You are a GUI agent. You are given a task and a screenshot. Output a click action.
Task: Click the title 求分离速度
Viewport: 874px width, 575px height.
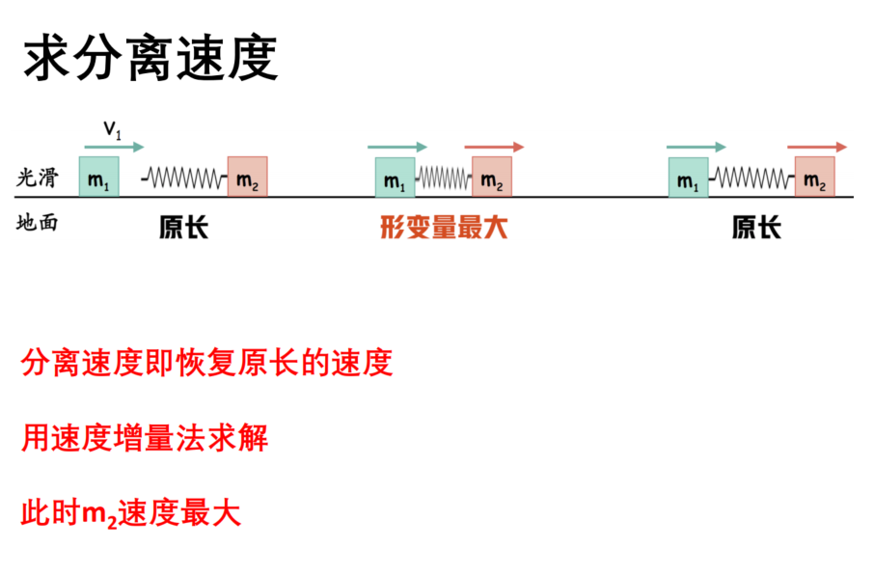150,58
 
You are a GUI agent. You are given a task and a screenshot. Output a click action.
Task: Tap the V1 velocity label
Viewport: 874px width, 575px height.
112,130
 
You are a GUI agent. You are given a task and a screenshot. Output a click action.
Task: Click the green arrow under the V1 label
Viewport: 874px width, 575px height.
114,148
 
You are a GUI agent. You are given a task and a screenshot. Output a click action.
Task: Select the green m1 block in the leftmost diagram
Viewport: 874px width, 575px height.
98,177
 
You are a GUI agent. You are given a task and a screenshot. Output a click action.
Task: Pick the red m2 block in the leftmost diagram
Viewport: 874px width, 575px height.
248,177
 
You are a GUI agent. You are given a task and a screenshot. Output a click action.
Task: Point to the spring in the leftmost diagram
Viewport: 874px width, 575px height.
184,178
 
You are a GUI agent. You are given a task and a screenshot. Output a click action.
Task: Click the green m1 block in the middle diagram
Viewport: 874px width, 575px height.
396,178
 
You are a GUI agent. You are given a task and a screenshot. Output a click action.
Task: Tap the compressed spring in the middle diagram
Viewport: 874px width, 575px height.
444,178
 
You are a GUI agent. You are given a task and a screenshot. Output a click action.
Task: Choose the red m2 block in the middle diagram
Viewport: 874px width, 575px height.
492,177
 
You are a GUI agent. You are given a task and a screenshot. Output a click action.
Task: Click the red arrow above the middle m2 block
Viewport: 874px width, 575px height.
495,148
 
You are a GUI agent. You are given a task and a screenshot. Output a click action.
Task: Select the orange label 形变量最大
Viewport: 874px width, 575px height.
444,228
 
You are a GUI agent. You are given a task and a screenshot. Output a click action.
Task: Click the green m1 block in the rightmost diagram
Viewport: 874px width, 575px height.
689,178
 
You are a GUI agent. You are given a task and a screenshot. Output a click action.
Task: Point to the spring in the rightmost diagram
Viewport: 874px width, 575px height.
751,178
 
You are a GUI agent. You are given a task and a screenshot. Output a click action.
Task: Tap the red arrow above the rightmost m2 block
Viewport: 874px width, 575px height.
817,148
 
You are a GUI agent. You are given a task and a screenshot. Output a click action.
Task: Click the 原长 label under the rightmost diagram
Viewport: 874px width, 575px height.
756,228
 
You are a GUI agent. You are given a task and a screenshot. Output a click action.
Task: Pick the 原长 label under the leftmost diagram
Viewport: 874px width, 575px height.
183,228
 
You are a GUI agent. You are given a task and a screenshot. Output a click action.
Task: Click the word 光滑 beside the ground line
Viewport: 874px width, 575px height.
37,178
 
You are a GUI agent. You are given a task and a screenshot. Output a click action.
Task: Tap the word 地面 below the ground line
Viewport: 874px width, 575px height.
37,223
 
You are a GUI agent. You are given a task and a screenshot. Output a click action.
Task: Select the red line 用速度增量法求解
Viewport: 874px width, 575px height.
145,438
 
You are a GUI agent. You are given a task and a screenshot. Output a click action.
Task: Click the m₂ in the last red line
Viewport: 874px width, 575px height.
99,514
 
